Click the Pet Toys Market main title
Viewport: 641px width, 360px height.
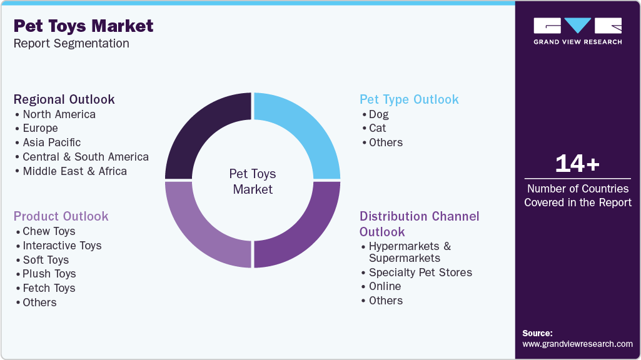coord(83,26)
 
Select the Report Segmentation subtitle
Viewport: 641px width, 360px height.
coord(71,44)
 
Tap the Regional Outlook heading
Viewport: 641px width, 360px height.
coord(64,99)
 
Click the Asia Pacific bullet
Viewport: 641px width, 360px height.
coord(51,142)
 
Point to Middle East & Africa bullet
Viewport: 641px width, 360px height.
coord(74,171)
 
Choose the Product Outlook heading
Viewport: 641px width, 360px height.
coord(61,216)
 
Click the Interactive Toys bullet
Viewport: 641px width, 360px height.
coord(62,246)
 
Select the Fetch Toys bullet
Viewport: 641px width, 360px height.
coord(49,288)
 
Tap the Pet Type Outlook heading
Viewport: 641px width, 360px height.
coord(409,99)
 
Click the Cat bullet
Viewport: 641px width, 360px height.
coord(377,128)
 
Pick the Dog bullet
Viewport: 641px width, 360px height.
coord(378,114)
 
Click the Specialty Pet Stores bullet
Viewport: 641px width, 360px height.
coord(420,272)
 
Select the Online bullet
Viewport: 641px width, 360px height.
coord(385,286)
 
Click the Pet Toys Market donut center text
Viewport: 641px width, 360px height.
coord(253,181)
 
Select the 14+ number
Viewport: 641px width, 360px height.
coord(577,164)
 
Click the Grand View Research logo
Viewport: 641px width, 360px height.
coord(577,31)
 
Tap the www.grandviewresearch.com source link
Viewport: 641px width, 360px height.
coord(577,344)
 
